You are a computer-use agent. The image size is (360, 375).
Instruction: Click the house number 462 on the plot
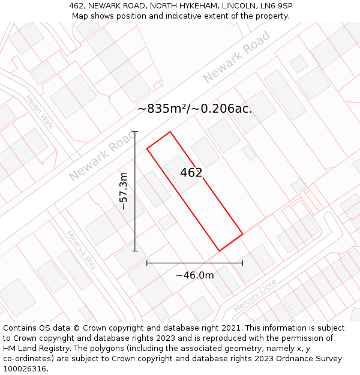pyautogui.click(x=191, y=173)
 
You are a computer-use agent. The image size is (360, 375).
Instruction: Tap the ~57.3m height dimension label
pyautogui.click(x=124, y=191)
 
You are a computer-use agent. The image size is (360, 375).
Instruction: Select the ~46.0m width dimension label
pyautogui.click(x=194, y=275)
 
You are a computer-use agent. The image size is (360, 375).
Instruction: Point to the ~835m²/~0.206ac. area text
pyautogui.click(x=194, y=109)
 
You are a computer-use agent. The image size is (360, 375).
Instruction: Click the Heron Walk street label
pyautogui.click(x=40, y=112)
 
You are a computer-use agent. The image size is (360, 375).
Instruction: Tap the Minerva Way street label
pyautogui.click(x=82, y=250)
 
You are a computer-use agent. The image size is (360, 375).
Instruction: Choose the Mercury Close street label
pyautogui.click(x=255, y=295)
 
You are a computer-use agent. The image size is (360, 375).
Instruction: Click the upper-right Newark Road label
pyautogui.click(x=236, y=57)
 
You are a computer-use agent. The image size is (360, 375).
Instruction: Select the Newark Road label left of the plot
pyautogui.click(x=103, y=156)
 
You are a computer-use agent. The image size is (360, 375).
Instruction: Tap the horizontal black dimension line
pyautogui.click(x=194, y=263)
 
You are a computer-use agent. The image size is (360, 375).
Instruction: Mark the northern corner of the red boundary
pyautogui.click(x=170, y=132)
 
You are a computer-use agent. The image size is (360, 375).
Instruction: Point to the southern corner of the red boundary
pyautogui.click(x=219, y=251)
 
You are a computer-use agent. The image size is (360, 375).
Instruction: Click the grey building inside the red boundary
pyautogui.click(x=181, y=173)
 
